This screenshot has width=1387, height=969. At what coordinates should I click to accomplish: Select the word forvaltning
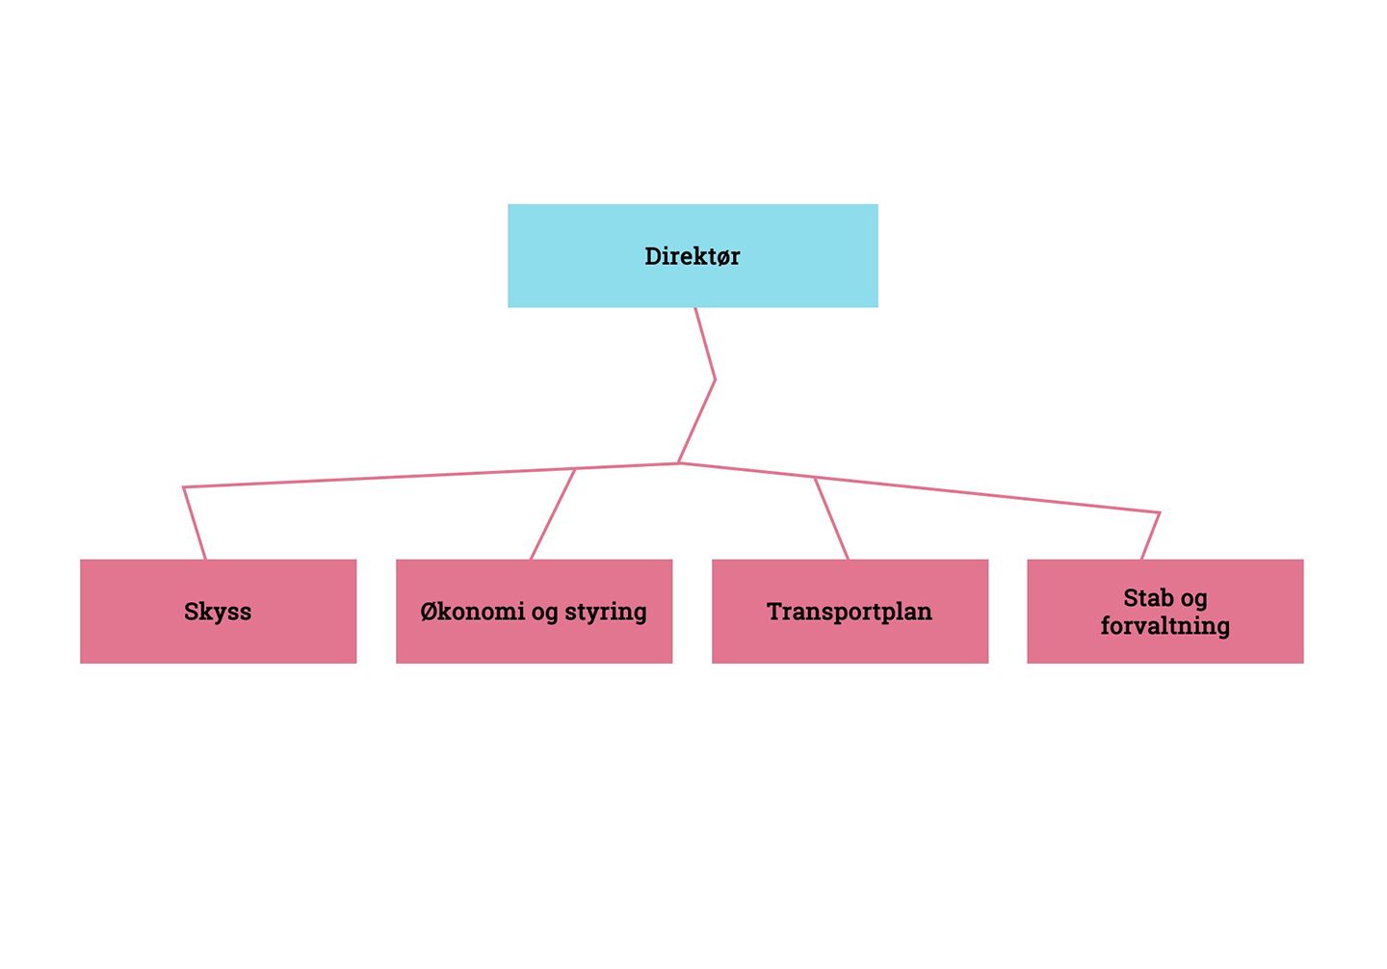1165,626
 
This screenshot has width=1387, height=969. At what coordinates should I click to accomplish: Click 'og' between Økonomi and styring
544,614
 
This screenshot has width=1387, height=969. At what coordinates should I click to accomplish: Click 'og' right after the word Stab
1193,599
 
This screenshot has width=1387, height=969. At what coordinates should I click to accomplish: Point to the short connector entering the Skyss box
195,524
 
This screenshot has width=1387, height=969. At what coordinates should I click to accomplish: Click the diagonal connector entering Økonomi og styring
553,514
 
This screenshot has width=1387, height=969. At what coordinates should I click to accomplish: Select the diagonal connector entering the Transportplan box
831,518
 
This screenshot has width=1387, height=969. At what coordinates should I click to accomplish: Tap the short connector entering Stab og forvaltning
1150,536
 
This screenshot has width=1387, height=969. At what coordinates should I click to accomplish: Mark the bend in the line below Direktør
715,380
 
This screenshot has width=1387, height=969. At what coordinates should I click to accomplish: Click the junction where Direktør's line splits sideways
679,463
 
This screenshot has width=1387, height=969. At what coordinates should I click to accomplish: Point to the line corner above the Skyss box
184,488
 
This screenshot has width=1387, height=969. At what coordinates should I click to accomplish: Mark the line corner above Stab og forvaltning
1159,513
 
